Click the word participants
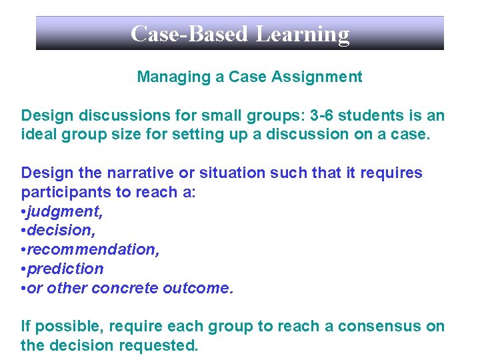click(x=62, y=192)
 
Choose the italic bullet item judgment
click(x=61, y=211)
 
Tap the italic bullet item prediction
click(x=65, y=269)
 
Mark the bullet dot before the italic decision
click(x=23, y=231)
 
